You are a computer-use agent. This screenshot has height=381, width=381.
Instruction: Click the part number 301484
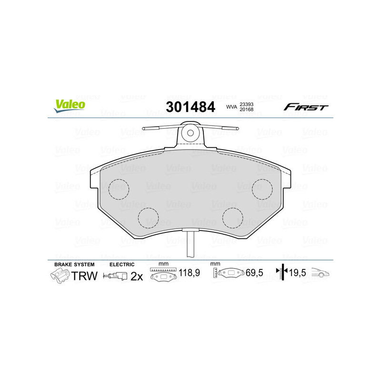coord(190,107)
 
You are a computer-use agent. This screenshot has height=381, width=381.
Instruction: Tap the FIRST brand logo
coord(306,107)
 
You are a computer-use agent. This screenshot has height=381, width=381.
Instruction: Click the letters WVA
coord(231,107)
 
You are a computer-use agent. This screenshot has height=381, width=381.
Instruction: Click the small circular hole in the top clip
coord(191,134)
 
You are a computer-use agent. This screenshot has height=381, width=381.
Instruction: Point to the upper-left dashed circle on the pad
coord(119,189)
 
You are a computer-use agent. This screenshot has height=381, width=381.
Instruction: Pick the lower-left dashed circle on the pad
coord(148,218)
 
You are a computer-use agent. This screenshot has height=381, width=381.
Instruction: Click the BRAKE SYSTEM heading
coord(74,264)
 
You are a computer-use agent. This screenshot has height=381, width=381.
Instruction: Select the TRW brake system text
coord(84,276)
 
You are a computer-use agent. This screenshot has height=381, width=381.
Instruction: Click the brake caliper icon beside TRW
coord(59,276)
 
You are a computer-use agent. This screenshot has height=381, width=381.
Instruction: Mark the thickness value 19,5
coord(298,274)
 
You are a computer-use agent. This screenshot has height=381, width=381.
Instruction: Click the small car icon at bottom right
coord(321,273)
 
